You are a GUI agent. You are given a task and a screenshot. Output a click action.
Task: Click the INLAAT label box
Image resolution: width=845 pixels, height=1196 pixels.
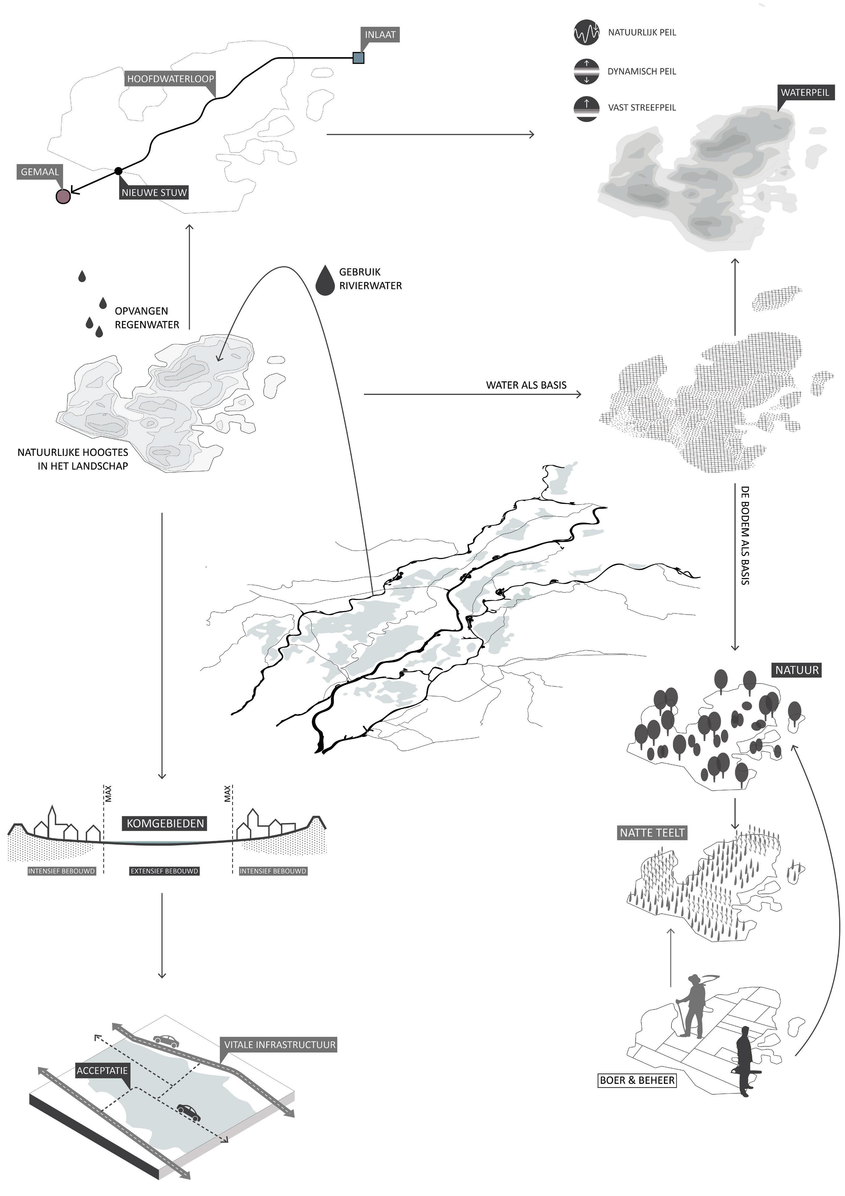pyautogui.click(x=380, y=35)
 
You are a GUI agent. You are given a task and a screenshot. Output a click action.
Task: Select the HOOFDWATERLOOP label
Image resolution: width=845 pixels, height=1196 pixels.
pyautogui.click(x=170, y=79)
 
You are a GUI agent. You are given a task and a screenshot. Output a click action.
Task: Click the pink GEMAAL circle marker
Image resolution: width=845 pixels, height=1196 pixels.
pyautogui.click(x=63, y=197)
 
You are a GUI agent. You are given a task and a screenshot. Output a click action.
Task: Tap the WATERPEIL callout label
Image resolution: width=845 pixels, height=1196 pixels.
pyautogui.click(x=804, y=93)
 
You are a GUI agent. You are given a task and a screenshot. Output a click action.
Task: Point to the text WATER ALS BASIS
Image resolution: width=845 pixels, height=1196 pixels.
pyautogui.click(x=526, y=385)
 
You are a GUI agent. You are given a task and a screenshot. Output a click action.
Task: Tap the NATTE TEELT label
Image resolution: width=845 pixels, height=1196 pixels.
pyautogui.click(x=652, y=833)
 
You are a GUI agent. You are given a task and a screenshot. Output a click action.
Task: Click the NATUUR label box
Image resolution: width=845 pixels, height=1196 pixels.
pyautogui.click(x=797, y=670)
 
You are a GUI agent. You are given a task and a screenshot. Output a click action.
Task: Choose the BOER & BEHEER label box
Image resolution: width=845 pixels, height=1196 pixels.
pyautogui.click(x=637, y=1080)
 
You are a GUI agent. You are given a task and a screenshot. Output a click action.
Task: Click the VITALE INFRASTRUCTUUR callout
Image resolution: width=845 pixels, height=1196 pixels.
pyautogui.click(x=280, y=1044)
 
